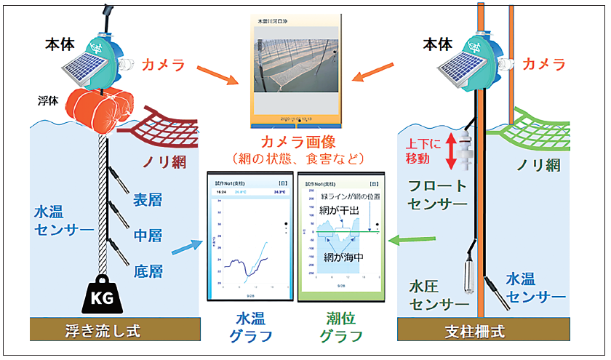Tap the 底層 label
pos(148,273)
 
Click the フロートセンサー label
pos(436,195)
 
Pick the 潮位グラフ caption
pos(340,327)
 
